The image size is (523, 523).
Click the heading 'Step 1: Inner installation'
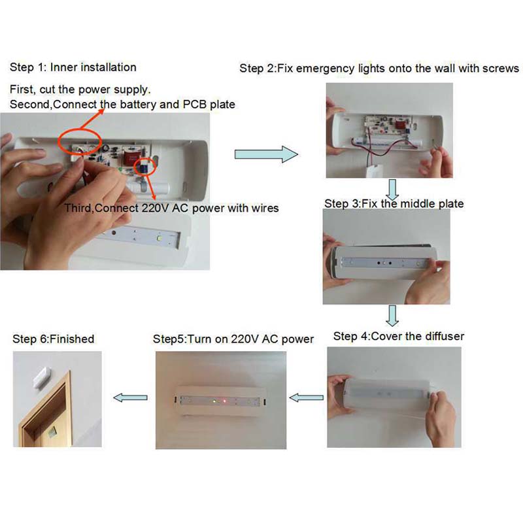tap(73, 67)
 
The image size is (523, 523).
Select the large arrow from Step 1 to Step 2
tap(266, 154)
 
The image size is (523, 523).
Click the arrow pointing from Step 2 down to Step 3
tap(393, 190)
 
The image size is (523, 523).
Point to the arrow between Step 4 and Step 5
tap(306, 397)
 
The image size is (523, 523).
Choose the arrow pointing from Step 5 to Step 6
tap(130, 397)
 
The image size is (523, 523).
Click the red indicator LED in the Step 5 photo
tap(224, 401)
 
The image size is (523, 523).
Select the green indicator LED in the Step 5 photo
tap(214, 401)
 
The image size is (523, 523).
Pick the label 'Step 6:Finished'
tap(54, 339)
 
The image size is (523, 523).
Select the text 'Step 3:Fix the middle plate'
tap(394, 203)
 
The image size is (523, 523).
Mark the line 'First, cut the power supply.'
tap(80, 90)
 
